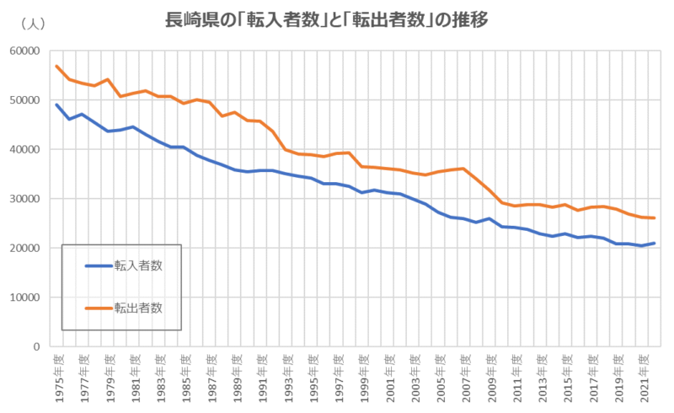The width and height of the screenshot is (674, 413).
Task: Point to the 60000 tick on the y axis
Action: click(25, 51)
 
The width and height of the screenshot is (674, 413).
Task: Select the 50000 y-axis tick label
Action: click(25, 100)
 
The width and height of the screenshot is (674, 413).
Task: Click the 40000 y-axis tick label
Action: click(25, 149)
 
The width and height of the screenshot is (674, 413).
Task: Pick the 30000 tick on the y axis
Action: click(25, 199)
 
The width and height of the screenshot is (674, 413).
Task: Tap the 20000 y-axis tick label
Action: click(25, 249)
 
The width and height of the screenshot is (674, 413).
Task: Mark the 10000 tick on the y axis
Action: click(25, 298)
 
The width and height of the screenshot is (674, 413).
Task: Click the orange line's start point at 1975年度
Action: click(56, 66)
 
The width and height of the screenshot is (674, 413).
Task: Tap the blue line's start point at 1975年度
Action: click(56, 105)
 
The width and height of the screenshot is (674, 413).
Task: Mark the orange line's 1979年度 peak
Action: click(108, 79)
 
